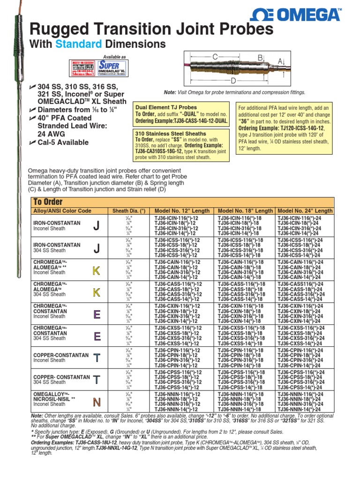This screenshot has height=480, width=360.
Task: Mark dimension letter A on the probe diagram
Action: point(280,61)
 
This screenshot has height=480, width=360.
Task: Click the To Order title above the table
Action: point(47,202)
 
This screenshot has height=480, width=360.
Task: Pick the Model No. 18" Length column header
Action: point(245,211)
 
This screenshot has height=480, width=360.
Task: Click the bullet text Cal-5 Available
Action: point(62,142)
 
